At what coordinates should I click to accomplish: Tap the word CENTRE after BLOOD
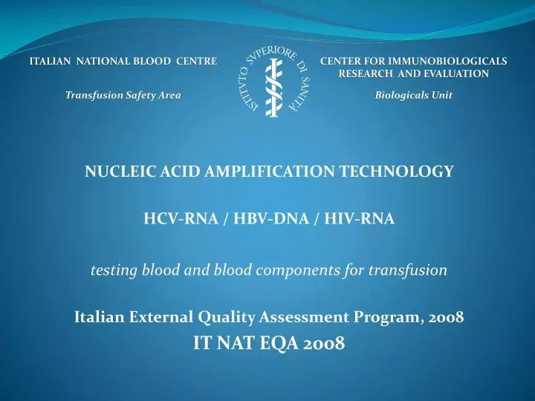coord(196,61)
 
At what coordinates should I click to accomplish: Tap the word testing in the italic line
coord(111,270)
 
